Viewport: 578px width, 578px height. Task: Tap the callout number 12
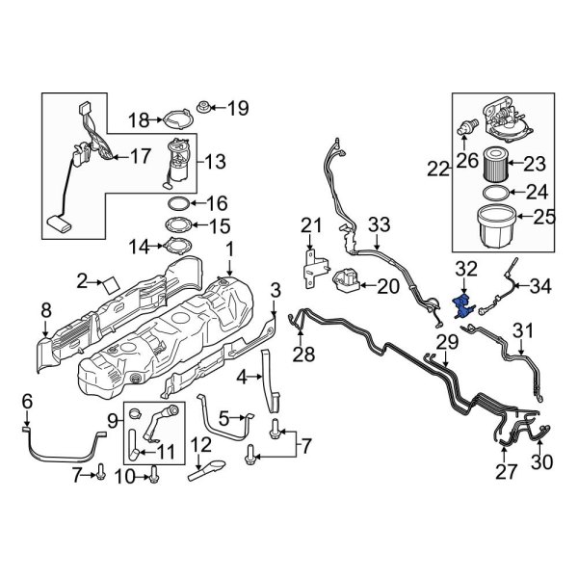point(200,444)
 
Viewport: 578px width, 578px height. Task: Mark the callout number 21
point(308,225)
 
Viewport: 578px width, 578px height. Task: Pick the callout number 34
point(542,286)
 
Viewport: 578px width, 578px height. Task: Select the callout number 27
point(507,470)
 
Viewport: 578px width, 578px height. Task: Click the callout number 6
point(27,401)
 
